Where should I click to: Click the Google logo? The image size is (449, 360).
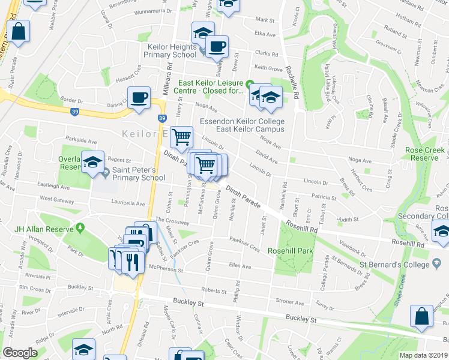click(19, 353)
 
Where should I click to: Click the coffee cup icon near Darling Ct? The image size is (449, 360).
click(139, 98)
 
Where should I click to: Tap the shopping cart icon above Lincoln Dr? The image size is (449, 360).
click(181, 137)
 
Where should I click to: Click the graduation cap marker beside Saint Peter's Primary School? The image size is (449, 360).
click(92, 163)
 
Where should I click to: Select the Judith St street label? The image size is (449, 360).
click(348, 220)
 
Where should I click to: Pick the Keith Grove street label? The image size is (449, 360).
click(268, 68)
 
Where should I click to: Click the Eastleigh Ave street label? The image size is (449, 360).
click(53, 187)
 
